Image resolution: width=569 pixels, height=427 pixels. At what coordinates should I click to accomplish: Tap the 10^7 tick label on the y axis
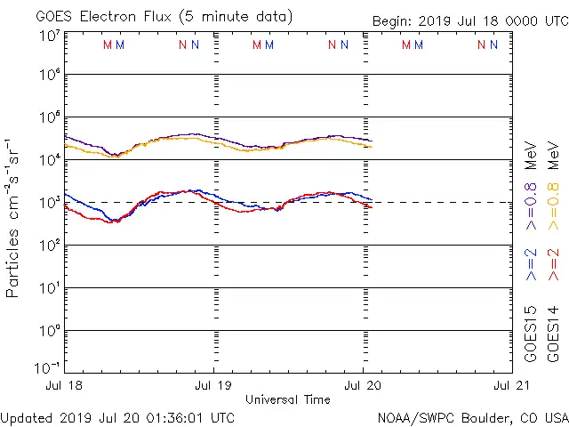coord(48,35)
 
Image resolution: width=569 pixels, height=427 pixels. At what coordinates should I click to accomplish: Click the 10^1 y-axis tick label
coord(48,287)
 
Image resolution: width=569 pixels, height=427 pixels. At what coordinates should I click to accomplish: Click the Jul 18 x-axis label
coord(65,386)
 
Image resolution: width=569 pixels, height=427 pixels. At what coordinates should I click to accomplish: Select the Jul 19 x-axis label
coord(213,386)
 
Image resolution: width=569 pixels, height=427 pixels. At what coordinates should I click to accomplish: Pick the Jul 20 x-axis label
coord(363,386)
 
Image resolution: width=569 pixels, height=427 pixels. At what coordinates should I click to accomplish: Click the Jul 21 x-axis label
coord(511,386)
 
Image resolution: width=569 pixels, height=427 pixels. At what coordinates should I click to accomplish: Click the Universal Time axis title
coord(288,399)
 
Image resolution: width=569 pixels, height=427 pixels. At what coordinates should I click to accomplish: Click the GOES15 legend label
coord(532,333)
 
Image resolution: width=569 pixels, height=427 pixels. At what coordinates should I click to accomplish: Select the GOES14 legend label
coord(554,333)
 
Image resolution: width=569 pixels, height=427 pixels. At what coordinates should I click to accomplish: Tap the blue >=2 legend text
coord(532,264)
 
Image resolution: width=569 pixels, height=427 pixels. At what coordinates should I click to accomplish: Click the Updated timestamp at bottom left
coord(118,417)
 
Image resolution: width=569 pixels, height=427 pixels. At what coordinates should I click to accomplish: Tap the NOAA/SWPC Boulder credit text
coord(472,417)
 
